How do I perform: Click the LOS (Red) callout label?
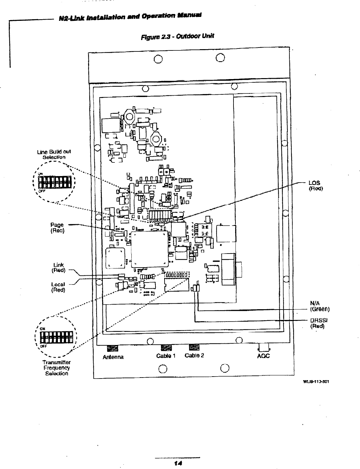coord(315,185)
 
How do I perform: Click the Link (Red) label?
coord(59,267)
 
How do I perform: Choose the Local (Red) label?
coord(59,287)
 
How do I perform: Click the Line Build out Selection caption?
coord(54,154)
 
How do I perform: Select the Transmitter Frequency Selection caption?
coord(57,368)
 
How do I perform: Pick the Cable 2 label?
coord(194,355)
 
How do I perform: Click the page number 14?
coord(178,462)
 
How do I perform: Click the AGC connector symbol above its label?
coord(263,347)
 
